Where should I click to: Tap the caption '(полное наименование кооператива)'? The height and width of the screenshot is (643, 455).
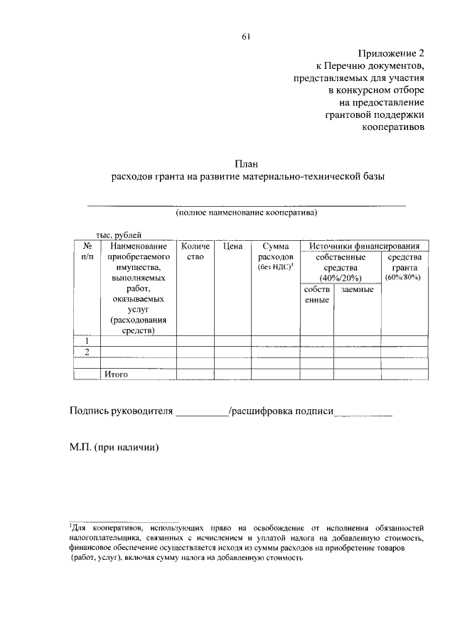(x=246, y=212)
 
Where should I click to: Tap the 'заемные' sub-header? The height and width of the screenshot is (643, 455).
(x=357, y=289)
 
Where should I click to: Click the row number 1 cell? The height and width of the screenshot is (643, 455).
(x=87, y=341)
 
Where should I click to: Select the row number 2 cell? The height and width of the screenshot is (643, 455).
(x=87, y=352)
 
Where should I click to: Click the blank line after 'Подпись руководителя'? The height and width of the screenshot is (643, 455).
(x=201, y=412)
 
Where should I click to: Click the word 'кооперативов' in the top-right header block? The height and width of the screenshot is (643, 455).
(x=393, y=128)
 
